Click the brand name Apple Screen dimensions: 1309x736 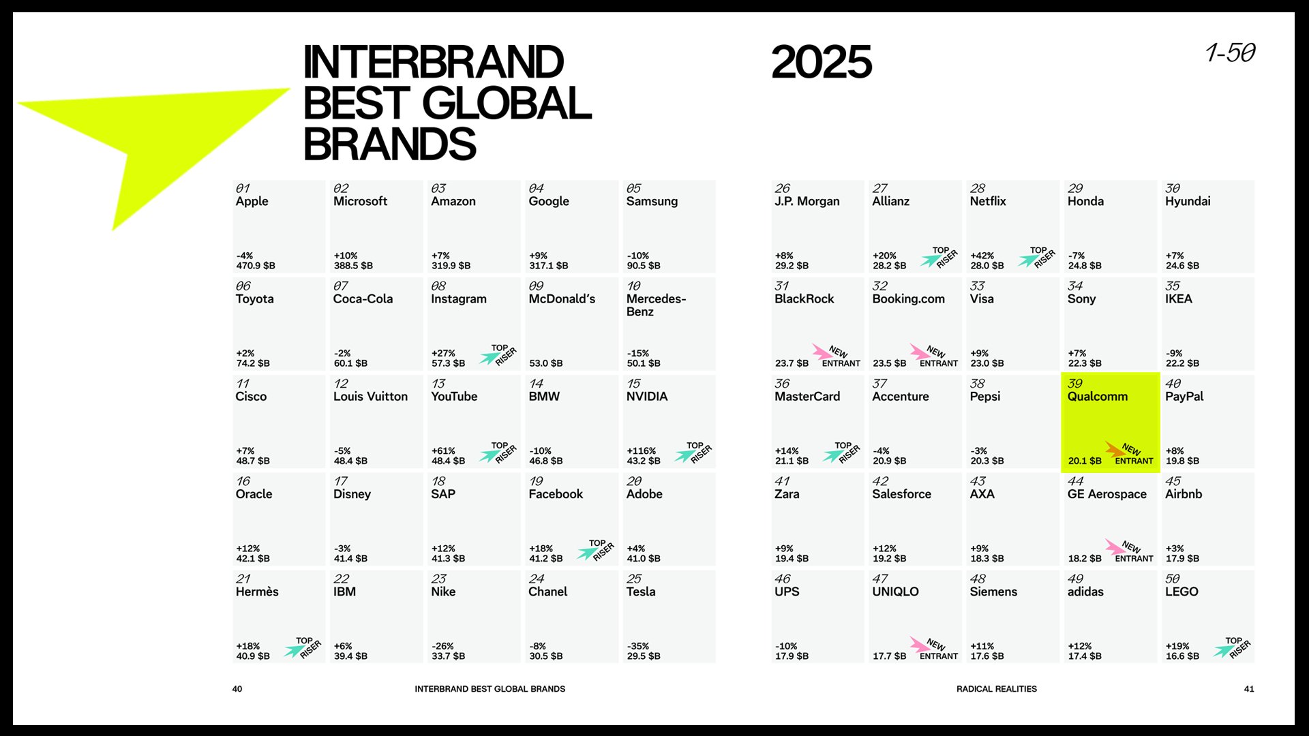252,202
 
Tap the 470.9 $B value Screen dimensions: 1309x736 256,266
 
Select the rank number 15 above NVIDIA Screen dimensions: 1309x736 633,384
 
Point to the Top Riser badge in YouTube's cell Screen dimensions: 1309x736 498,453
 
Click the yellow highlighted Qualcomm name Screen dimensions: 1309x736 1097,397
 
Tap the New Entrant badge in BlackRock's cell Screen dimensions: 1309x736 836,356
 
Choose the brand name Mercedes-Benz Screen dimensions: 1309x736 656,305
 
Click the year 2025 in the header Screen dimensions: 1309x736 821,62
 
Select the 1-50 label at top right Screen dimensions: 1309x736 1230,52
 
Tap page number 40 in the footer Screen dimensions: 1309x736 237,689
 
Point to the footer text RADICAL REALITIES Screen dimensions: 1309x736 996,689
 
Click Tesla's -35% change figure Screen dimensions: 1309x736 638,646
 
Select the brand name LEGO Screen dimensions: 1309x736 1182,592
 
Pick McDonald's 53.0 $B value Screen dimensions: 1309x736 545,363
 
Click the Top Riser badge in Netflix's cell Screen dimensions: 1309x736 1037,258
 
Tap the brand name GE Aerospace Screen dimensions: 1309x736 1107,494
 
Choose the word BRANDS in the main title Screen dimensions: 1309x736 389,144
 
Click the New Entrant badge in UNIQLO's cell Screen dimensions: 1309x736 934,649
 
